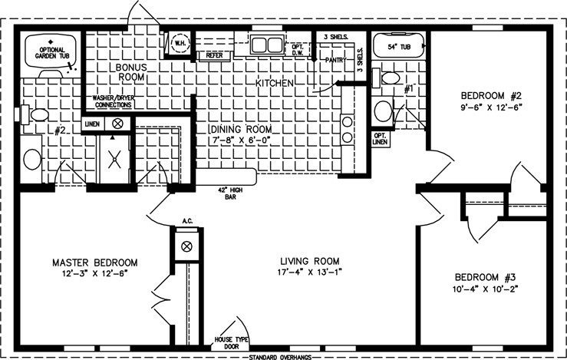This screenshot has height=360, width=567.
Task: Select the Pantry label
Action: point(335,59)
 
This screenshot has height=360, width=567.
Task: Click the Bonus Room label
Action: point(131,72)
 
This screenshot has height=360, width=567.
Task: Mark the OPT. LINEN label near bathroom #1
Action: point(380,138)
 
